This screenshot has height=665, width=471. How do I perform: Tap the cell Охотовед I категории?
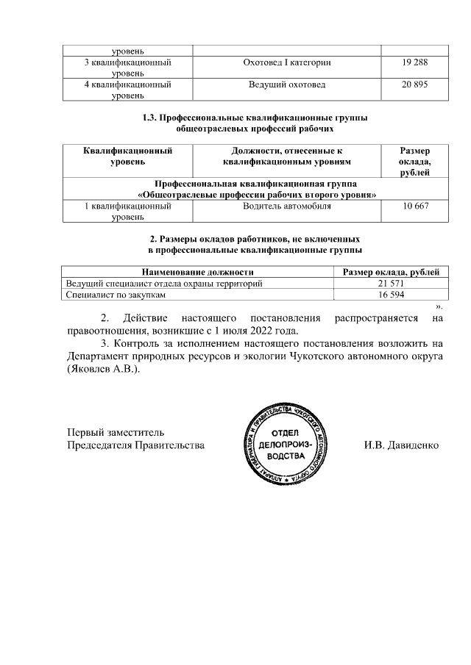(x=286, y=63)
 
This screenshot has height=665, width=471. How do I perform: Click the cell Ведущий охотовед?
(x=286, y=85)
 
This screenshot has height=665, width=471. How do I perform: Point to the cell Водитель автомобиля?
(x=286, y=206)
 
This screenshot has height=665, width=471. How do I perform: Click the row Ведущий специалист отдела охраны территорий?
(x=164, y=283)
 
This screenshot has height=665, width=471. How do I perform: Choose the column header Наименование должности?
(x=198, y=272)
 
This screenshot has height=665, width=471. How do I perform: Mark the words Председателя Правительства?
(x=135, y=445)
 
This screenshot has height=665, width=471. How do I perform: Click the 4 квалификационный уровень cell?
(x=127, y=89)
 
